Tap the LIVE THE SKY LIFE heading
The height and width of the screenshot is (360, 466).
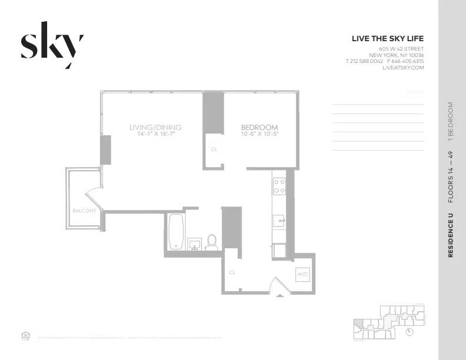[x=387, y=39]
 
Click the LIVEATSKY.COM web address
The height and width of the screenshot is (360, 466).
[x=403, y=68]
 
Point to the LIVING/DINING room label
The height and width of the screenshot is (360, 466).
[x=155, y=127]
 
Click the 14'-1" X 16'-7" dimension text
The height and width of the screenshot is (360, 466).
[x=155, y=135]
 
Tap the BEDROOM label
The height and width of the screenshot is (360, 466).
[x=259, y=127]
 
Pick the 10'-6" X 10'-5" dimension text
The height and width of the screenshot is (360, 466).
[x=259, y=135]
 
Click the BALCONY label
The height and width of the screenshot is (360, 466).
[x=84, y=211]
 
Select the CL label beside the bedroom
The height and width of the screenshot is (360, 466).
[x=214, y=149]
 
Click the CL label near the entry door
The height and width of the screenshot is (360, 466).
[x=232, y=272]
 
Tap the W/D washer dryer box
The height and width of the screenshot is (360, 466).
[x=302, y=274]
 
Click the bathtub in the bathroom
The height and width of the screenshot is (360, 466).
[x=175, y=232]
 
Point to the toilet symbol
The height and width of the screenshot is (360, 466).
[x=212, y=242]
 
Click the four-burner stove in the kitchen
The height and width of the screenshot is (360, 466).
[x=279, y=186]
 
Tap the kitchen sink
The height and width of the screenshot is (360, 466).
[x=279, y=221]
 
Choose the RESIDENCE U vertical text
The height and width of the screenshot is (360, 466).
[x=451, y=235]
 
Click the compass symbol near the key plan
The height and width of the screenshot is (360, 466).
[x=410, y=331]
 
